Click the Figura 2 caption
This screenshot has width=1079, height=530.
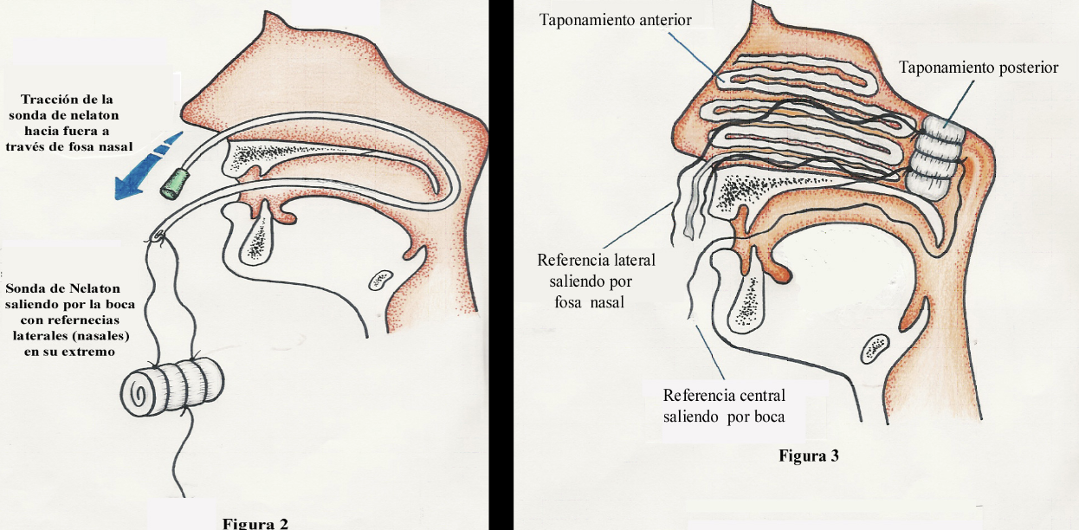tap(255, 522)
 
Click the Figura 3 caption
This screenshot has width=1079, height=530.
tap(808, 456)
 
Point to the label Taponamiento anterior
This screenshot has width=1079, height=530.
tap(616, 19)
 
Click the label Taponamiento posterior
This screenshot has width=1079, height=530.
tap(978, 68)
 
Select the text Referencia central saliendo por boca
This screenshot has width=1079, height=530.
tap(724, 405)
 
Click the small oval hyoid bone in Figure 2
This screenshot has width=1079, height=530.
tap(379, 280)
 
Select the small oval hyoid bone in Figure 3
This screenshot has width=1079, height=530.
tap(873, 347)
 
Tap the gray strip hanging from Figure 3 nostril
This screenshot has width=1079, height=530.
tap(688, 217)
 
